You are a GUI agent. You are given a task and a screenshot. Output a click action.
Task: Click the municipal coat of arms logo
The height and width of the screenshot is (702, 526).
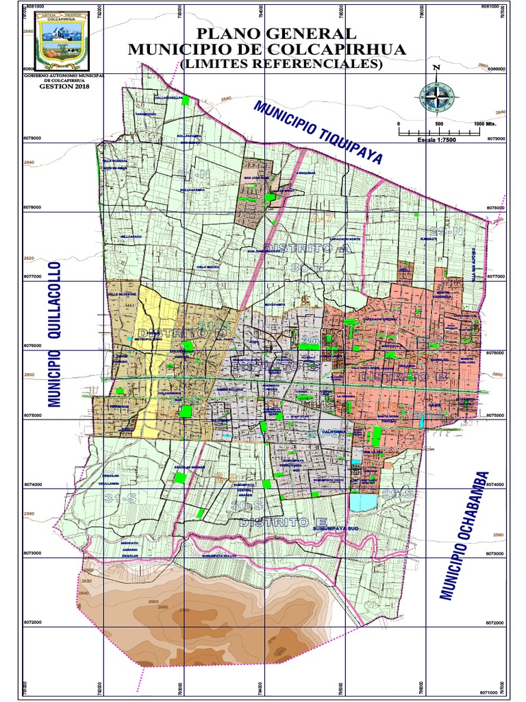[x=61, y=42]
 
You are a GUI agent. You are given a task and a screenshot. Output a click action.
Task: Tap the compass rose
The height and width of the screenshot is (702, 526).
[x=436, y=97]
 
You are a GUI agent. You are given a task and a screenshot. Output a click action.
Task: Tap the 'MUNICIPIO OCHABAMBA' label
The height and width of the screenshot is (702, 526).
[x=466, y=535]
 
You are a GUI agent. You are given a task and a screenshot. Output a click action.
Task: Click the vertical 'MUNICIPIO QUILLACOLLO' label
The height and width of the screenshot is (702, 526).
[x=54, y=335]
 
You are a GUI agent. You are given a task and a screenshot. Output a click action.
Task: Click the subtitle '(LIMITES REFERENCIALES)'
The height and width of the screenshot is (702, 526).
[x=281, y=64]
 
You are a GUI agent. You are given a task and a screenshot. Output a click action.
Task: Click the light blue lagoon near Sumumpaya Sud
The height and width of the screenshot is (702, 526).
[x=363, y=503]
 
